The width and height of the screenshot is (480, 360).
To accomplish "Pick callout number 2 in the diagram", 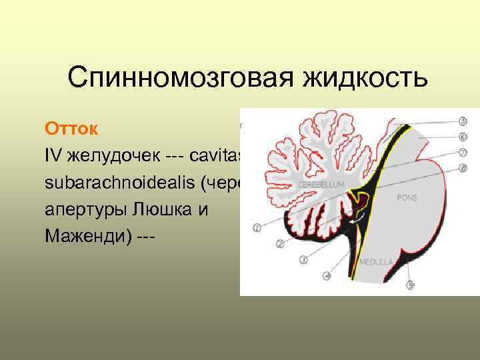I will [281, 244].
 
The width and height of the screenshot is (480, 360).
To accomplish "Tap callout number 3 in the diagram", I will [303, 259].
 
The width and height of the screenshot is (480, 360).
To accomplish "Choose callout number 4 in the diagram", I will [327, 275].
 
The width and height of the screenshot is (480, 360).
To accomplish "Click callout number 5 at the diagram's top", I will [463, 122].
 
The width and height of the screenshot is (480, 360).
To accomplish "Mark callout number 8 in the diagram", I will [463, 168].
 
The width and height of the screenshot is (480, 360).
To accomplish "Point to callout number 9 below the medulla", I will [411, 285].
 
